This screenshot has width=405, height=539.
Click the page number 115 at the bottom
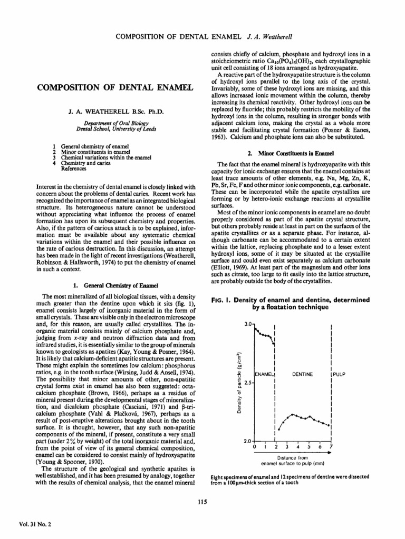201,500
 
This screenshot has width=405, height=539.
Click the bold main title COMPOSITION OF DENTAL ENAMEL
112,86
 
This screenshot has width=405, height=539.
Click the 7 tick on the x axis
331,447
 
